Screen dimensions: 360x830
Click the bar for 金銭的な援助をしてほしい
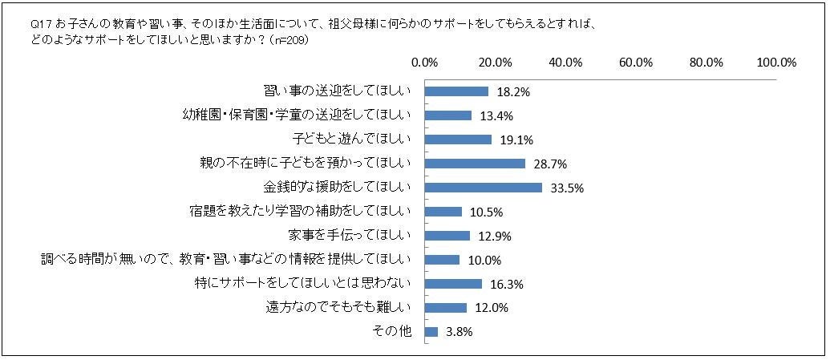[483, 188]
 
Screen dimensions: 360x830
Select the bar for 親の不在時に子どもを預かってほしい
[474, 164]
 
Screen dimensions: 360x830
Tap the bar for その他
[431, 331]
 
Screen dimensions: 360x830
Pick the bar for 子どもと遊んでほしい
[457, 140]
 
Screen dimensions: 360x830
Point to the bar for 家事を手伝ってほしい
[447, 236]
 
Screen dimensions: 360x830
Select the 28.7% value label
[550, 164]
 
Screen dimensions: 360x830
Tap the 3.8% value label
[459, 332]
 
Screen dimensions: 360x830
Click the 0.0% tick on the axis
[423, 63]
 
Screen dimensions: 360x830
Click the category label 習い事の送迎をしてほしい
[338, 91]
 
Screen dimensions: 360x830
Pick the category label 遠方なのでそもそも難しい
[338, 307]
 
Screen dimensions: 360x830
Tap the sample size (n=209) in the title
[292, 40]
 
